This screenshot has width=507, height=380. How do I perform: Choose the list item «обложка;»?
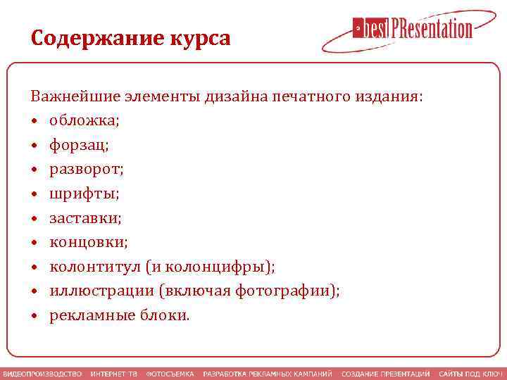pyautogui.click(x=84, y=120)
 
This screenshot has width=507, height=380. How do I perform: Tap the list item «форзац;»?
pyautogui.click(x=79, y=145)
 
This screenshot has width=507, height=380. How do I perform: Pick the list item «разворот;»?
pyautogui.click(x=86, y=170)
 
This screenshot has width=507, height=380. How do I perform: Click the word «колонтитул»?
pyautogui.click(x=94, y=267)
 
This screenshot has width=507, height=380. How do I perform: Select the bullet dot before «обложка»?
pyautogui.click(x=35, y=121)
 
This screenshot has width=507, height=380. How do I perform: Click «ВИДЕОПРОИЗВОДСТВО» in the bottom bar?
pyautogui.click(x=42, y=373)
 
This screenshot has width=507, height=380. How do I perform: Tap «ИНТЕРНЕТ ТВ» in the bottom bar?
pyautogui.click(x=113, y=373)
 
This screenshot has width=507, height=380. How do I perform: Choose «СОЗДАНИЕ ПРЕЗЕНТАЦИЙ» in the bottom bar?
pyautogui.click(x=385, y=373)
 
